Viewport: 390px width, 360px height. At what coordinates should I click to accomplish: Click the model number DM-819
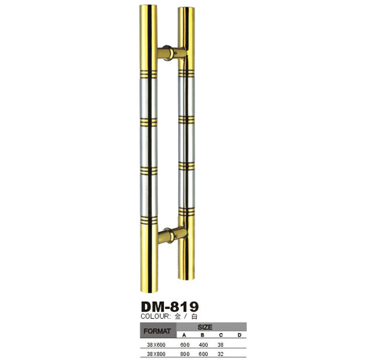coord(170,307)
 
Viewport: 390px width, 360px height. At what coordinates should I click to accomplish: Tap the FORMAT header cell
coord(157,331)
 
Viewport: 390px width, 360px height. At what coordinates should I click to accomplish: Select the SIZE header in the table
coord(205,327)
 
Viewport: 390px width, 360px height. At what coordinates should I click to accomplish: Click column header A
coord(184,335)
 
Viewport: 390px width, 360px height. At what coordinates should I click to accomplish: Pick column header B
coord(202,335)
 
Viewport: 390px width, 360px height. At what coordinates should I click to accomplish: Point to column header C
coord(221,335)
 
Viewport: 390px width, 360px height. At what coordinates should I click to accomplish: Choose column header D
coord(239,335)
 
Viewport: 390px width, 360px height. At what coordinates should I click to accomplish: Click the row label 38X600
coord(156,345)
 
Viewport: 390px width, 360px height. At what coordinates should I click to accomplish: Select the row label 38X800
coord(156,354)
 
